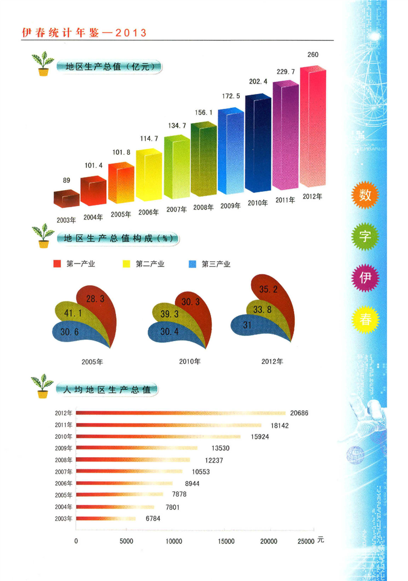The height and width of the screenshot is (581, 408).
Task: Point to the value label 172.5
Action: click(x=231, y=96)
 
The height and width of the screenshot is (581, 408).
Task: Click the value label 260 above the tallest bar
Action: click(x=313, y=54)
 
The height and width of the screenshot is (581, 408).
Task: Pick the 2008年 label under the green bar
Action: click(x=204, y=207)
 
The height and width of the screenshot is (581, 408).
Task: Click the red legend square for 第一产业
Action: click(x=57, y=264)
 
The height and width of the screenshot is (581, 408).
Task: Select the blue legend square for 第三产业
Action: click(x=192, y=264)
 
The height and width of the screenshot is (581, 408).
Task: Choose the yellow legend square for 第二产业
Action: click(x=125, y=264)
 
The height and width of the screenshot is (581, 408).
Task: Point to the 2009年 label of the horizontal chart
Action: click(x=64, y=448)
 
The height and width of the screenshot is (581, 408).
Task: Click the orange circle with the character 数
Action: click(x=365, y=195)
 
